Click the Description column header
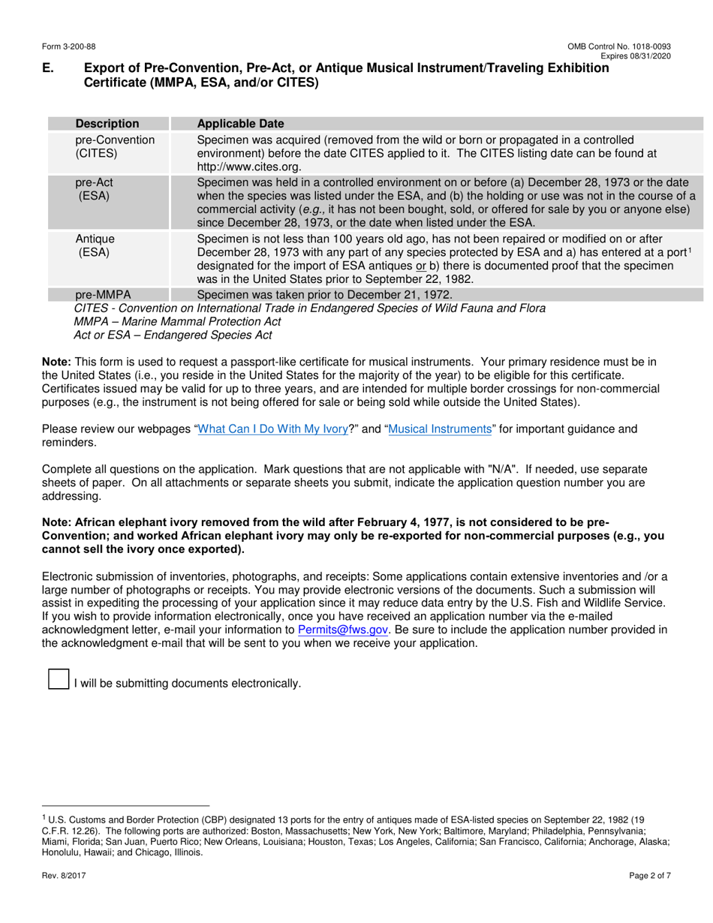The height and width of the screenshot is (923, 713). click(107, 124)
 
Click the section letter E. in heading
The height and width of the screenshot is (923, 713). click(48, 69)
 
